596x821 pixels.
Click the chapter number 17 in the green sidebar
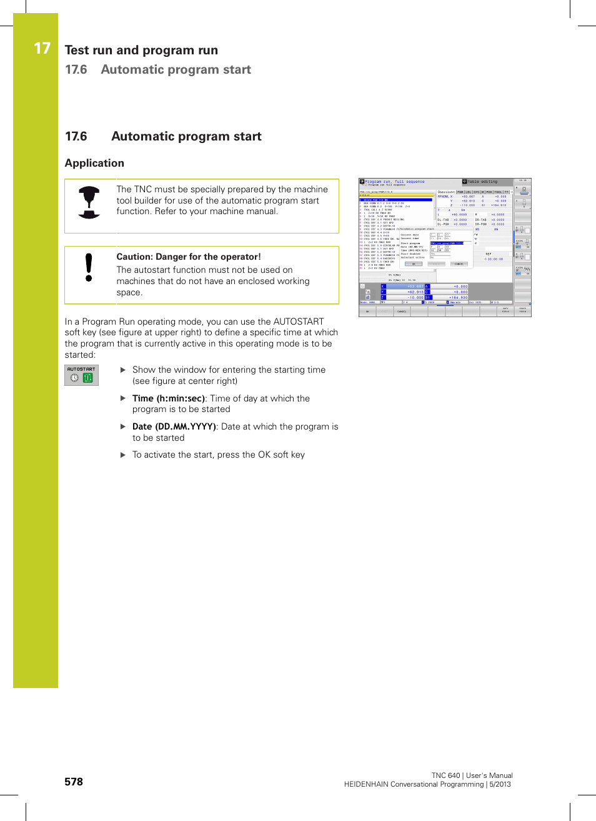42,49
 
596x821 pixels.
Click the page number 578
74,782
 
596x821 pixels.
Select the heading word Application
94,163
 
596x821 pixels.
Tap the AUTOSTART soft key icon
81,375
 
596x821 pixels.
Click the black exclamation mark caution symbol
89,267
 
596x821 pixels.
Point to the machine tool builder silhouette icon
89,202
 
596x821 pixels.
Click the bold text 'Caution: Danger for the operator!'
189,257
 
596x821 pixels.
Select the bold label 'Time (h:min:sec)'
168,398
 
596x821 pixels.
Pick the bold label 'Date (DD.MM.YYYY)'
174,426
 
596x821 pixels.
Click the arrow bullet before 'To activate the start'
123,455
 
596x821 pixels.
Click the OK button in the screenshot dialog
413,264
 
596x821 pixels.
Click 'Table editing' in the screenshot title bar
482,182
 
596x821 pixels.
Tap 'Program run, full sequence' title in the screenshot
394,182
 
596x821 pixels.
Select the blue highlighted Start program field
447,243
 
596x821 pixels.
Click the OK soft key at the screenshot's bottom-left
367,311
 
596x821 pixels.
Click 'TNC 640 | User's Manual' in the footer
472,775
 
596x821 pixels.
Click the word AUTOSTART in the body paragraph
299,322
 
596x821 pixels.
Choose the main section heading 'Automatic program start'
186,136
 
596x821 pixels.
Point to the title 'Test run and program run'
141,50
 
